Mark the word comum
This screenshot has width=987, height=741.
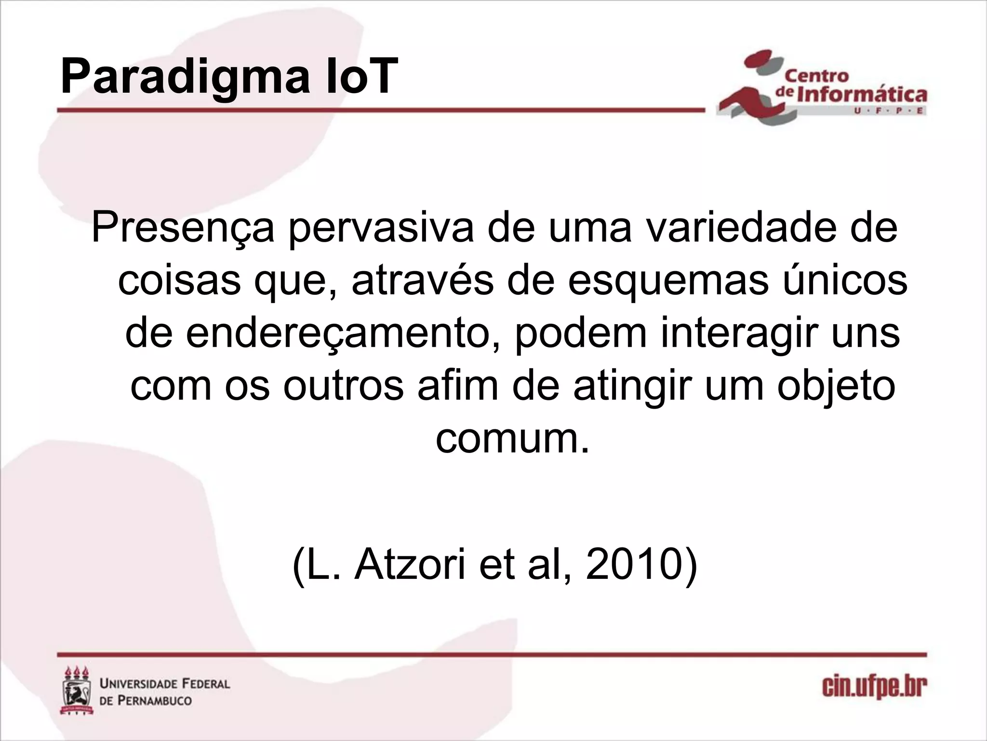click(512, 439)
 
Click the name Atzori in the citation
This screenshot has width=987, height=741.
click(410, 564)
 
